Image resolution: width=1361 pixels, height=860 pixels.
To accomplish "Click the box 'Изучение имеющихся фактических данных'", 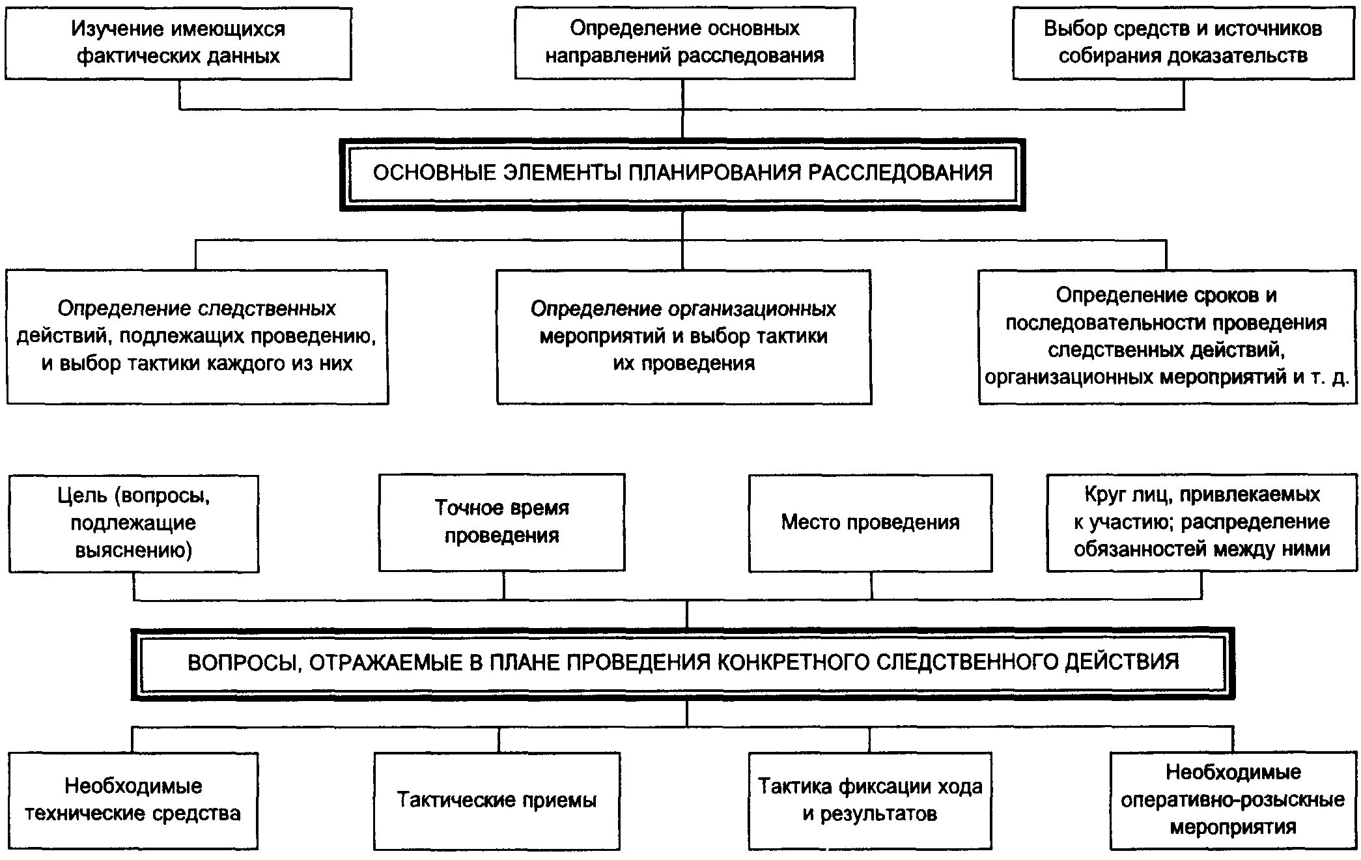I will pos(178,43).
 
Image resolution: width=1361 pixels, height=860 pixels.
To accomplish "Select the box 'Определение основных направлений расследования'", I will pos(684,43).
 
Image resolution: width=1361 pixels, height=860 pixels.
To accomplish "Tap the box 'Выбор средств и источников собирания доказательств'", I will pos(1183,43).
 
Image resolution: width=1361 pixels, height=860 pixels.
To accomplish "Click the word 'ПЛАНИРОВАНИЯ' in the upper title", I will pos(714,173).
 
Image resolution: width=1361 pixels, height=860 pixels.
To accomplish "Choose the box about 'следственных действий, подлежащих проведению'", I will pos(197,336).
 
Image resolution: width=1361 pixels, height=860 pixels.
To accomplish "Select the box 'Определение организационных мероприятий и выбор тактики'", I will pos(683,336).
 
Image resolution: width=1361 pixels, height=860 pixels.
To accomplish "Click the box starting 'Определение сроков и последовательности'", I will pos(1166,336).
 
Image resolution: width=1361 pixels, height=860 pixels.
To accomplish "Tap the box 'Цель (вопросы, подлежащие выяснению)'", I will pos(133,523).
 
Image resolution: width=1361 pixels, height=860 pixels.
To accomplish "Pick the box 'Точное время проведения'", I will pos(501,522).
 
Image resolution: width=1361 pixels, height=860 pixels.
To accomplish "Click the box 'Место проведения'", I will pos(870,523).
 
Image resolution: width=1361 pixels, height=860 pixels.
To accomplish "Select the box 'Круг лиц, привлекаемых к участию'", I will pos(1201,522).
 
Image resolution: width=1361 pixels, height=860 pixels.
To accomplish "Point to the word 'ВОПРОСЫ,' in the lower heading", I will pos(244,663).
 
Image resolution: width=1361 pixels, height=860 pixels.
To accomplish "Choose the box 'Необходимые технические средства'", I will pos(133,800).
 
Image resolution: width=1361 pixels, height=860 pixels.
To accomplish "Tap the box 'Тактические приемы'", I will pos(496,800).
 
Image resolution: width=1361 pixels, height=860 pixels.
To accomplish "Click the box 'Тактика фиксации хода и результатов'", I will pos(869,800).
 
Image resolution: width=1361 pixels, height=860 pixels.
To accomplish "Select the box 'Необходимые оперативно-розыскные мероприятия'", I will pos(1233,800).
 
